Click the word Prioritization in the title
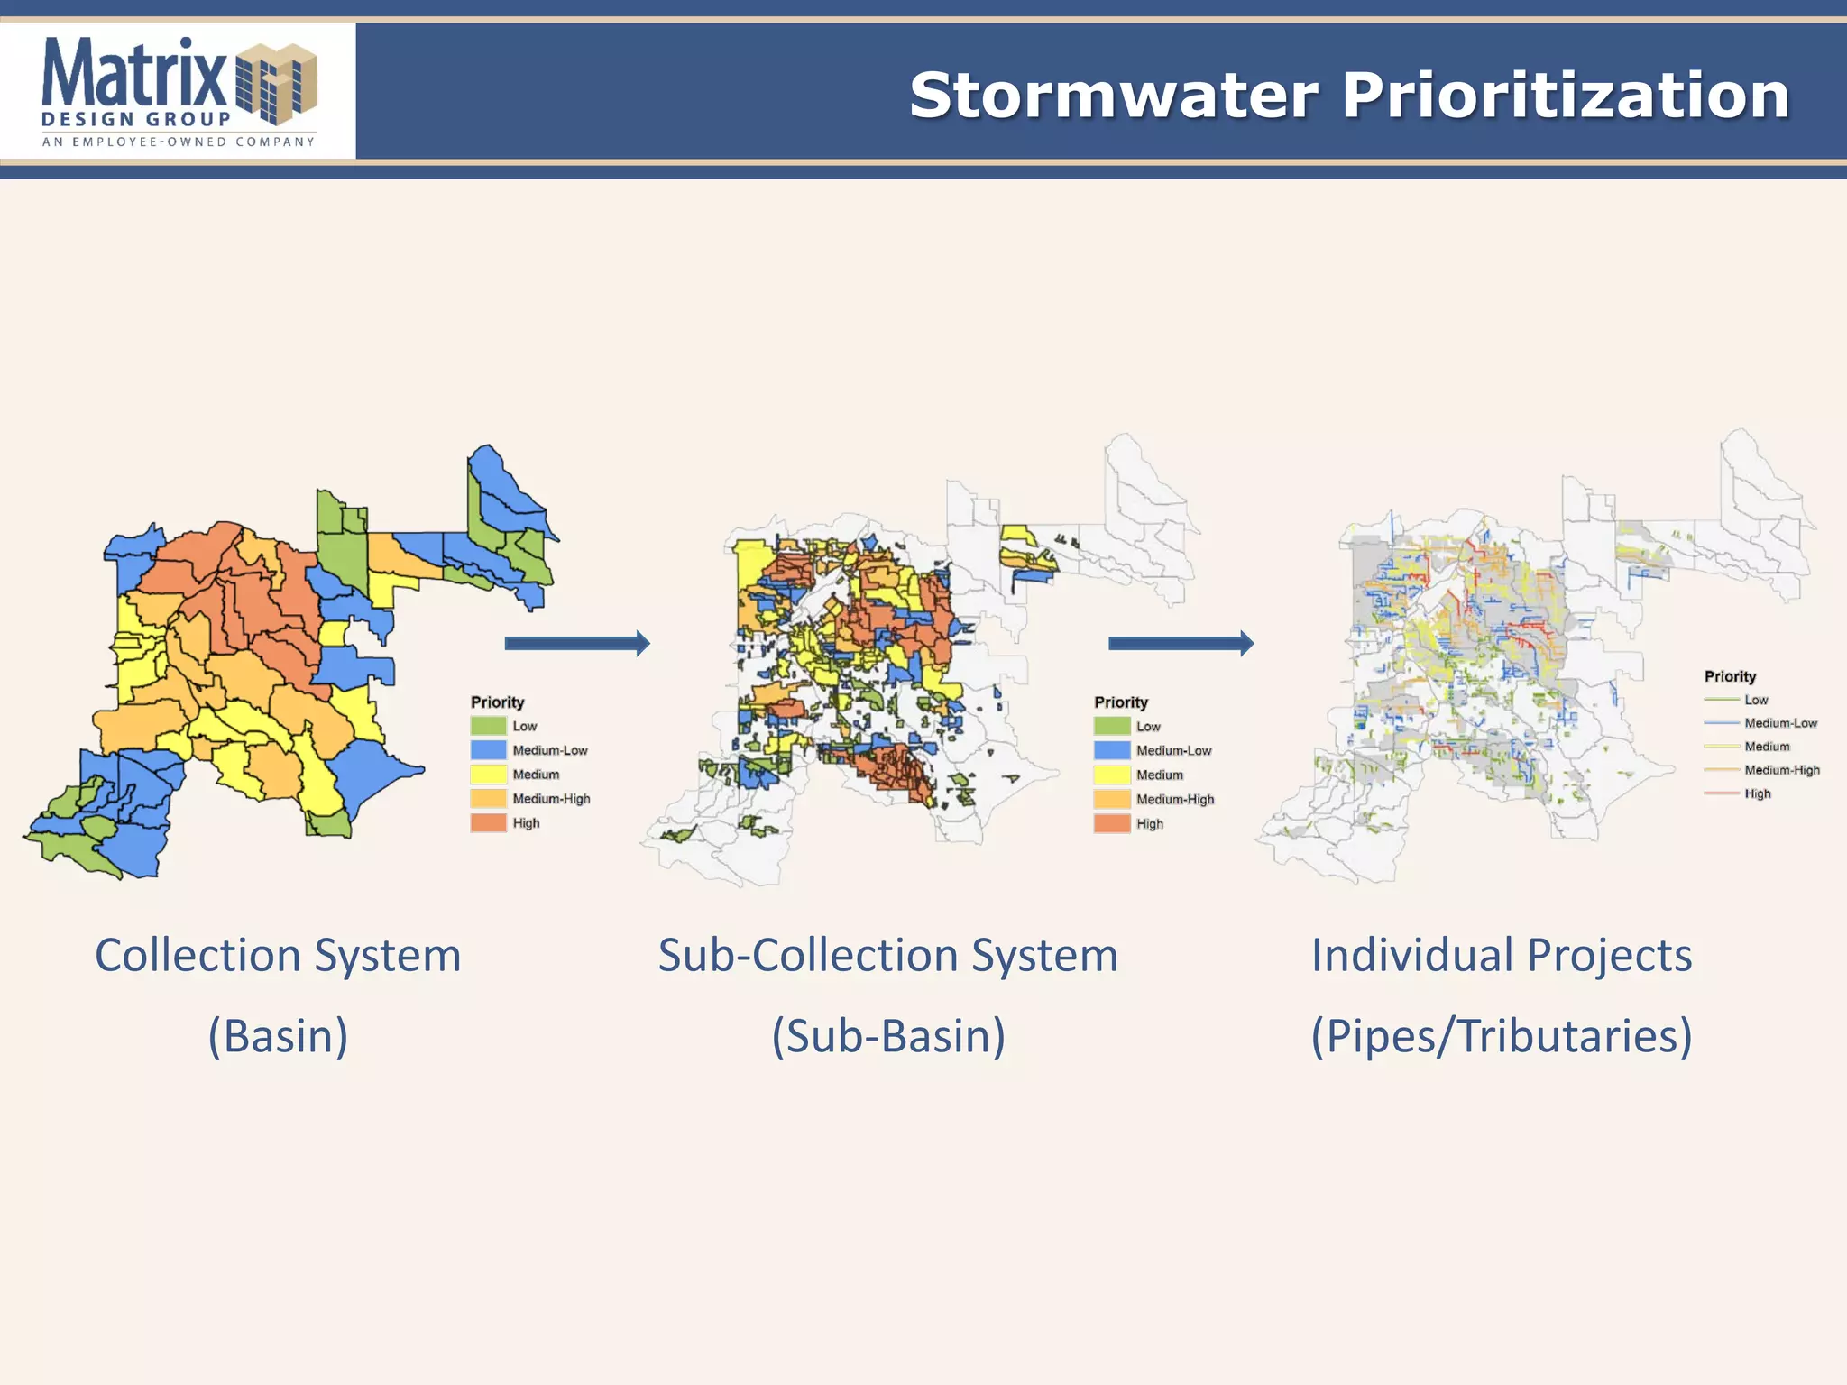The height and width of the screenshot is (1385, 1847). [1565, 96]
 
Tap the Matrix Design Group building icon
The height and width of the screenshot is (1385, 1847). [277, 83]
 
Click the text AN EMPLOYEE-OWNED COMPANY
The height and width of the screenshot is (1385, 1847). [179, 142]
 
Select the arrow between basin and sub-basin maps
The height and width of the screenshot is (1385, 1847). [577, 643]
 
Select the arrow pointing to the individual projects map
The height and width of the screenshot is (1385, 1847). [1181, 643]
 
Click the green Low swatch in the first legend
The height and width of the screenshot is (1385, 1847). [488, 726]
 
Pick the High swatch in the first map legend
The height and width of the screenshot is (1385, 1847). [488, 822]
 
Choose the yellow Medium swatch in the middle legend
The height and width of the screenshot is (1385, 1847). [1111, 775]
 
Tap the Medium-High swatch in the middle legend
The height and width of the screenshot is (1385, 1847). [1111, 799]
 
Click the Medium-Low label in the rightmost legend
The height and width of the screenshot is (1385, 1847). [1780, 723]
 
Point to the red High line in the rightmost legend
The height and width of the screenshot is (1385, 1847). [1721, 793]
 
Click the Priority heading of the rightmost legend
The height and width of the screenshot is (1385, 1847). [1730, 676]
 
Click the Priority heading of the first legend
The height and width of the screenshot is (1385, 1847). [497, 702]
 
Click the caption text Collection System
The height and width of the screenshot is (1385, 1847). [278, 955]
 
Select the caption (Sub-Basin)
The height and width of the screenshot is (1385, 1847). [888, 1035]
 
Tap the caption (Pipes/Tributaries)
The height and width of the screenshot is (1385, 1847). [1501, 1035]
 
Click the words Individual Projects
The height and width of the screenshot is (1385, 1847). [1501, 955]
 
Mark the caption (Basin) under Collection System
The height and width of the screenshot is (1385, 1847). [278, 1035]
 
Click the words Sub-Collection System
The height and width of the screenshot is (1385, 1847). [888, 955]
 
